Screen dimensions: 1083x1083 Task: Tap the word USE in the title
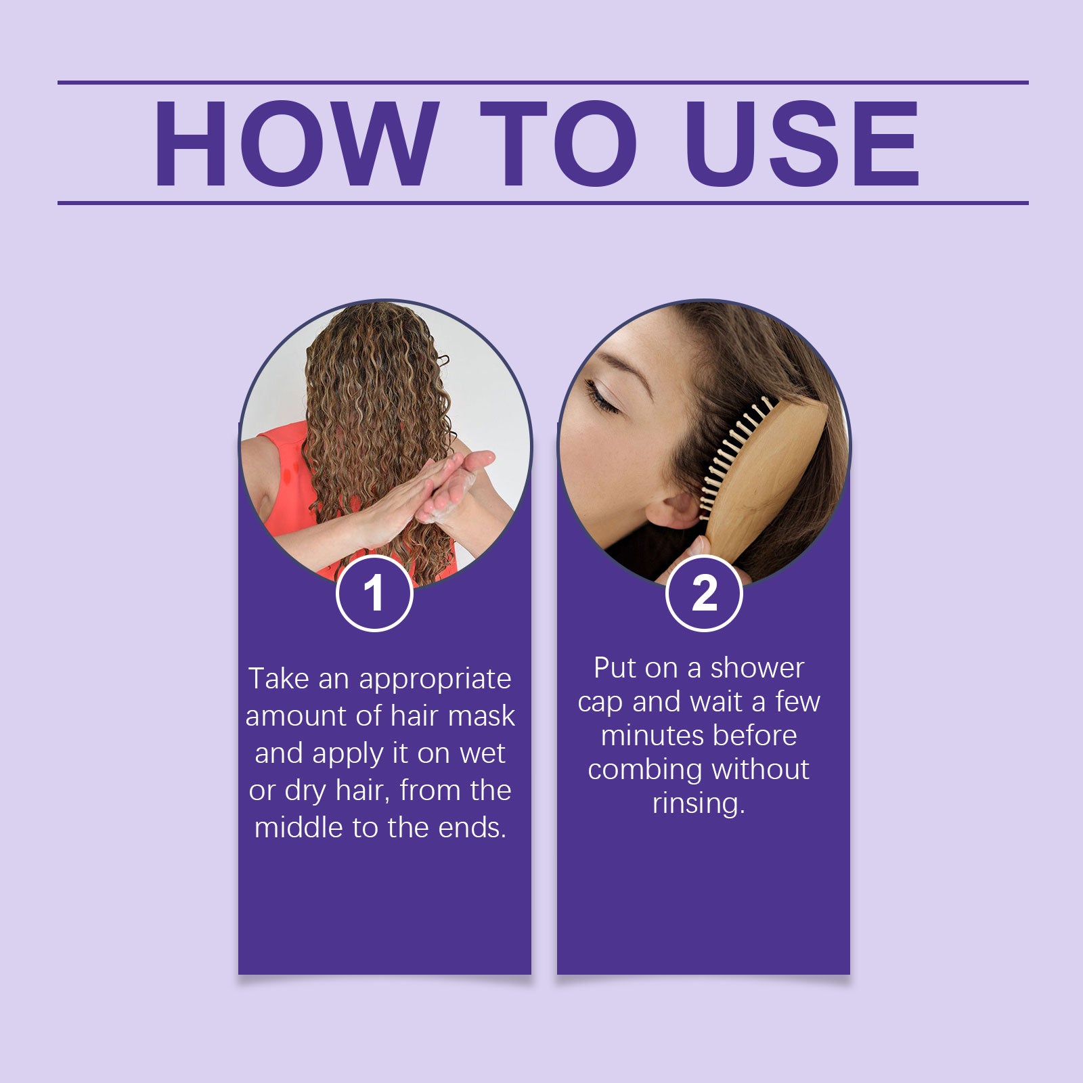pos(801,143)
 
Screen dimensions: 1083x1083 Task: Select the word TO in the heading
pos(558,143)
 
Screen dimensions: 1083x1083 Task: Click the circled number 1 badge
pos(374,594)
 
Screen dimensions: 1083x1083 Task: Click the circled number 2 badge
pos(704,594)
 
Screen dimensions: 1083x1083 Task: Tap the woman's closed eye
pos(602,397)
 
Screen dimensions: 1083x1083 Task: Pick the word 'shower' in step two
pos(756,668)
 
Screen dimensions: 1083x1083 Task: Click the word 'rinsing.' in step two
pos(699,803)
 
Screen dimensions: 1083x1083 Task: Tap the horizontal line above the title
pos(541,83)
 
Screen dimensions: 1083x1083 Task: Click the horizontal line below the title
pos(541,202)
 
